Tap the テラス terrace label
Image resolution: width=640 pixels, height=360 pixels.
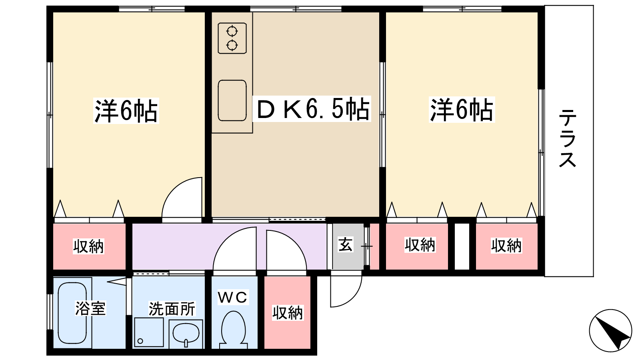point(568,138)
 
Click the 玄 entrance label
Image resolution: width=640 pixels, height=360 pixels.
point(346,244)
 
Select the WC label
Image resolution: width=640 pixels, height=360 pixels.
point(232,297)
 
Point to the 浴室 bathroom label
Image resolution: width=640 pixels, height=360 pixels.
point(90,308)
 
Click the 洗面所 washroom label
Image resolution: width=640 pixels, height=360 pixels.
point(172,309)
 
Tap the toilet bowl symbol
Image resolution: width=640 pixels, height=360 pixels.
point(234,328)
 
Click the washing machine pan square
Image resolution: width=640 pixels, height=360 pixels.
point(149,332)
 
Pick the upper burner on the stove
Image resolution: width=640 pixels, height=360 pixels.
point(232,31)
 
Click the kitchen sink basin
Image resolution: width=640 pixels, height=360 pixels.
point(232,100)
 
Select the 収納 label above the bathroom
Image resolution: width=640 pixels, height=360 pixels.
point(88,246)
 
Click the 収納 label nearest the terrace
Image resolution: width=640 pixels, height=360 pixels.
point(506,246)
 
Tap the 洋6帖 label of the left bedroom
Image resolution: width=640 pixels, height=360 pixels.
point(126,111)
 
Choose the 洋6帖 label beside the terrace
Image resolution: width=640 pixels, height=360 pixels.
point(462,110)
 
